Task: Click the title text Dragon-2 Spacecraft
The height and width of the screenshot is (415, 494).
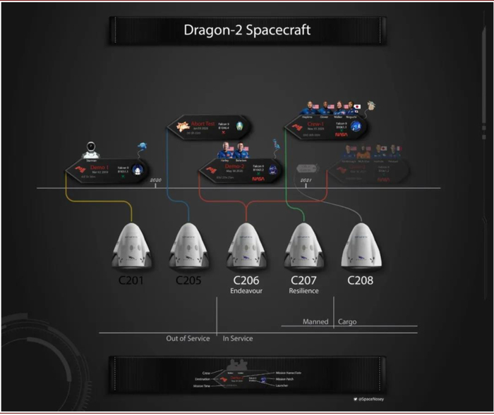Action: point(246,30)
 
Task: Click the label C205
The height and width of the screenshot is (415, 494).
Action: point(189,280)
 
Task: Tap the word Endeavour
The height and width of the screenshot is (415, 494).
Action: point(246,291)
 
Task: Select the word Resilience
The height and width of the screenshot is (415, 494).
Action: point(304,291)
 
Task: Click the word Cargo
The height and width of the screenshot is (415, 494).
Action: point(347,322)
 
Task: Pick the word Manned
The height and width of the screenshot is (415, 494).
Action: point(315,322)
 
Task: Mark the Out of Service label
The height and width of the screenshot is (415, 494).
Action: point(188,339)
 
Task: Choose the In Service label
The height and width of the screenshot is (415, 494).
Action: point(238,339)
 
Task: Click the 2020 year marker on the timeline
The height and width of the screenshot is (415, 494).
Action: point(156,180)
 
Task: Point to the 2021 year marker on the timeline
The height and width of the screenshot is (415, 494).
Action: point(306,180)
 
